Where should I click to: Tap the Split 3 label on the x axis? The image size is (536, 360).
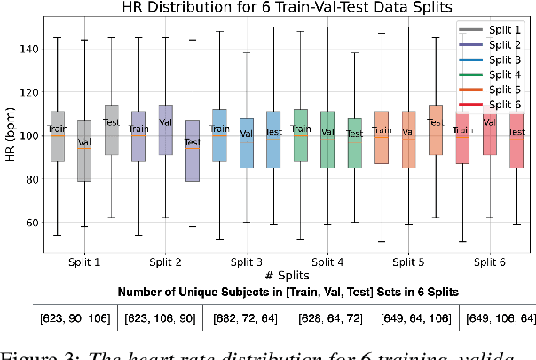[246, 262]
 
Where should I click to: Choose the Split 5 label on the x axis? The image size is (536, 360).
[408, 262]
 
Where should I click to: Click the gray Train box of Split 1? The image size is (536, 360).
[58, 137]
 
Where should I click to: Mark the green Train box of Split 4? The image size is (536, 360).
[300, 136]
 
